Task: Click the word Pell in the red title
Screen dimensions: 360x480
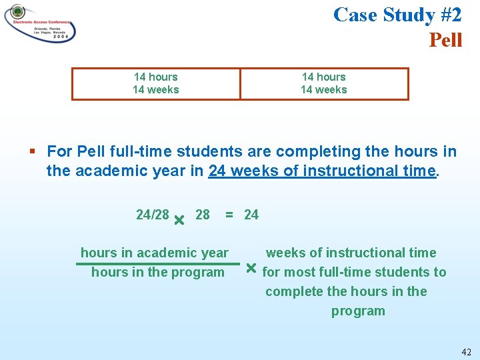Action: (445, 40)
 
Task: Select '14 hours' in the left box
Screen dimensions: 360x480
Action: (155, 77)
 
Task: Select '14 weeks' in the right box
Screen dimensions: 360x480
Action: (323, 90)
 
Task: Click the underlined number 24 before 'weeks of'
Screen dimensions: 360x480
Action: (217, 171)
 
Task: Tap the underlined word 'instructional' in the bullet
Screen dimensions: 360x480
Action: (345, 171)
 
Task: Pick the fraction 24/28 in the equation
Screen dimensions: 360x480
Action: (152, 215)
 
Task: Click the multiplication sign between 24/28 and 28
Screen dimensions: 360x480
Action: (179, 219)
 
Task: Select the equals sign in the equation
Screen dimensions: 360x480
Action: (229, 215)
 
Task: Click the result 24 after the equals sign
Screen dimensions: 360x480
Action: (251, 215)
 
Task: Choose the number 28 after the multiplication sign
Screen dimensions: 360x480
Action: (202, 215)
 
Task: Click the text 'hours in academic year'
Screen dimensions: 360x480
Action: (154, 253)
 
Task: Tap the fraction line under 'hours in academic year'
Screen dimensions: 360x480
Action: (157, 263)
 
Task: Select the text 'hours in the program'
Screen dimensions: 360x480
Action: (157, 272)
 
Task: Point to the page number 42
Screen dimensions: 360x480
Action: (465, 351)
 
